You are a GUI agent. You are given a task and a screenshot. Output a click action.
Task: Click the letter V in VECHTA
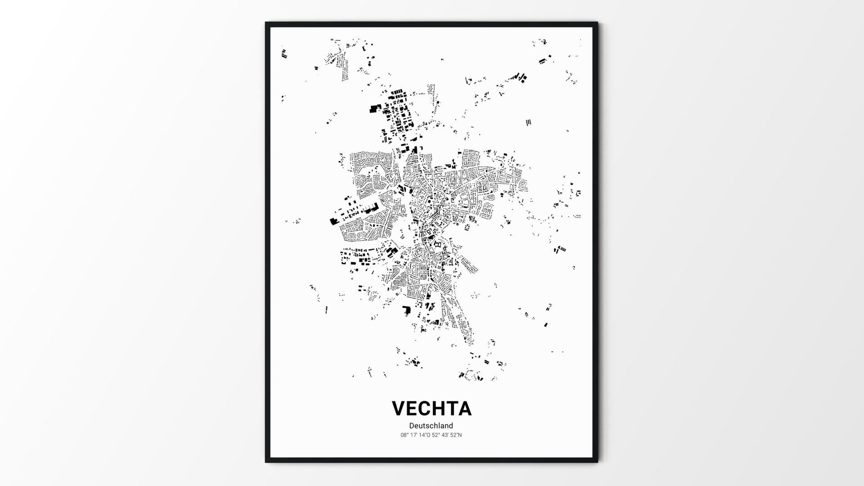point(400,409)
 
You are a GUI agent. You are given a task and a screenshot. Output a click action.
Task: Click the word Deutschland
point(431,426)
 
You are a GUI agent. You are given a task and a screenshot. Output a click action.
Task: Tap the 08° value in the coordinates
point(404,435)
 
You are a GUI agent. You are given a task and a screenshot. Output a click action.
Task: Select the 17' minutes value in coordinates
point(414,435)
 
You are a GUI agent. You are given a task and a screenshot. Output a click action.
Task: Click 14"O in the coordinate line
point(424,435)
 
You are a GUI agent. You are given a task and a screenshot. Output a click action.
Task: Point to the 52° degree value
point(435,435)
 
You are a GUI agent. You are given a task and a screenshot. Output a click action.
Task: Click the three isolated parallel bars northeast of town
point(529,122)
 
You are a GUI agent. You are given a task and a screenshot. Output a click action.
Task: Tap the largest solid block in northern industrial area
point(374,108)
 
